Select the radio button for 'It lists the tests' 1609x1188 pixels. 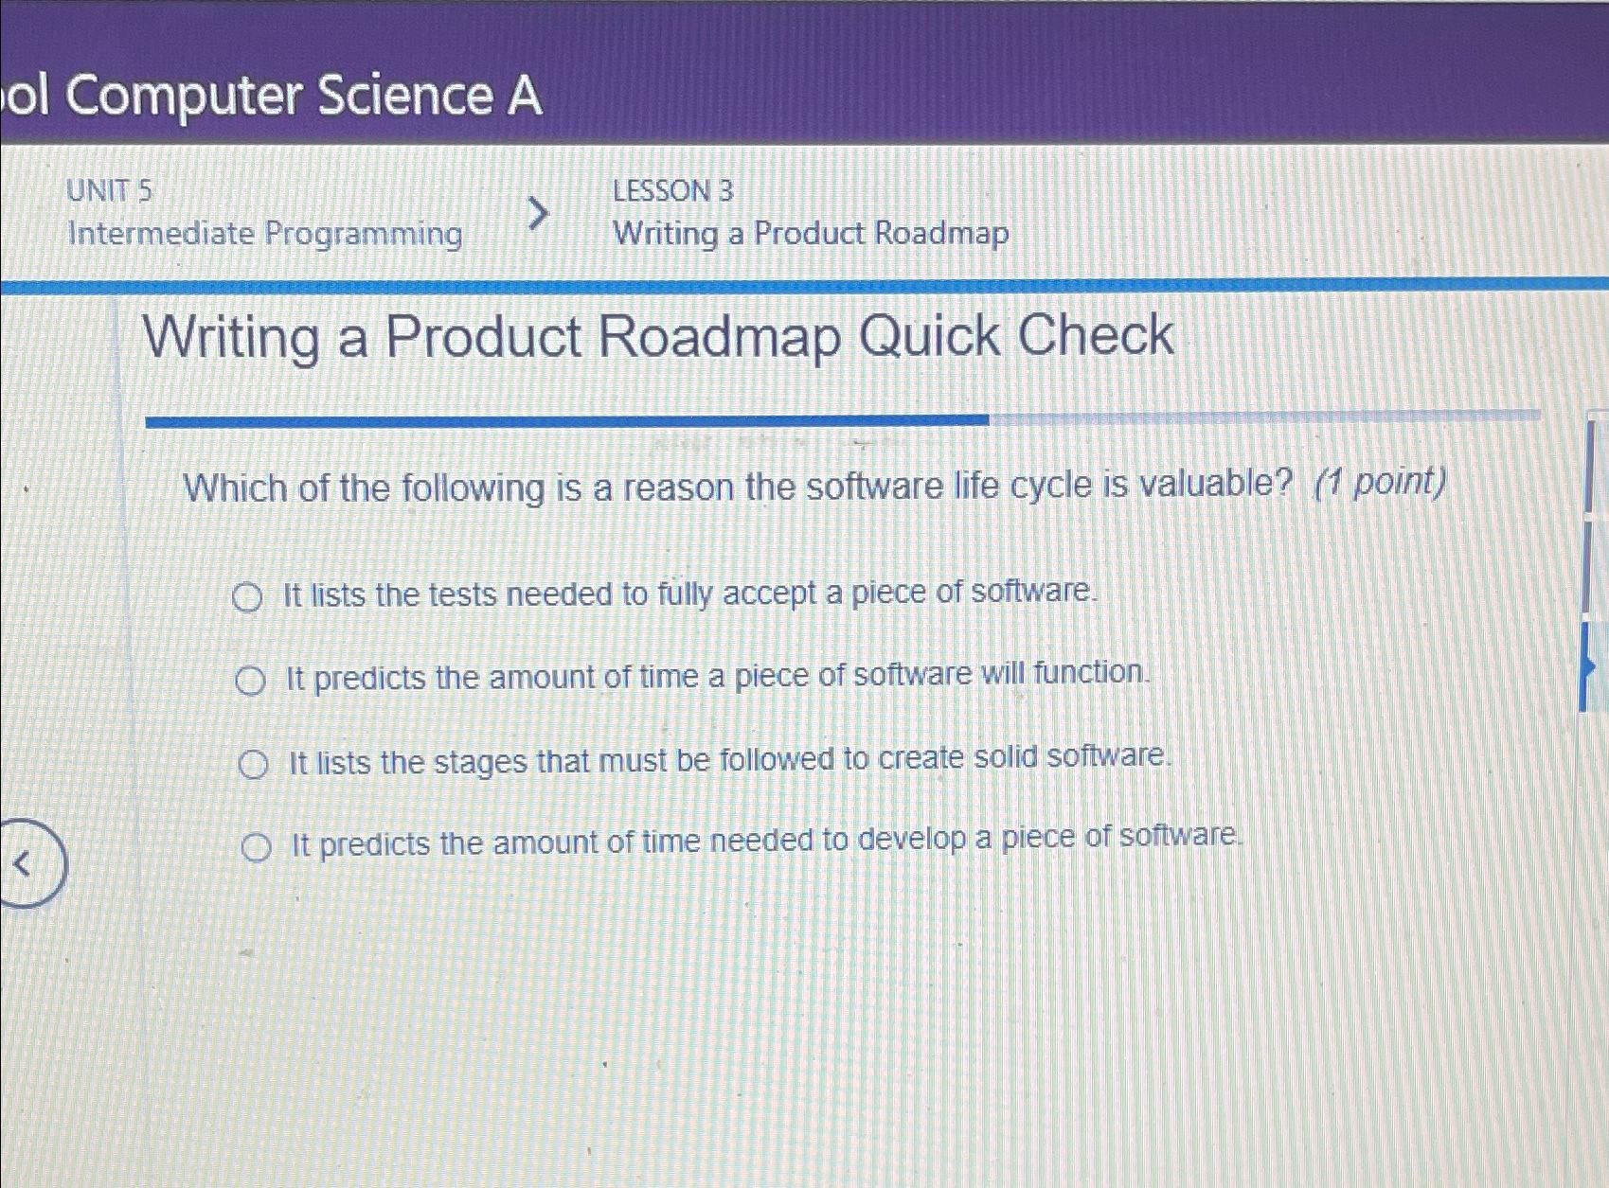coord(247,598)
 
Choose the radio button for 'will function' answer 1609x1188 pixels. coord(250,681)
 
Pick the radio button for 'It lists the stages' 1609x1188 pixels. coord(253,764)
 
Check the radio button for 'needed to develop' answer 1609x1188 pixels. coord(256,848)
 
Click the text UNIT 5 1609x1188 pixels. coord(109,191)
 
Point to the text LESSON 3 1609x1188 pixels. coord(672,191)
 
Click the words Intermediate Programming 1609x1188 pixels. coord(265,233)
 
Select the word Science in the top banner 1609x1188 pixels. coord(405,97)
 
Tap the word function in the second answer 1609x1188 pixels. coord(1090,673)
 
